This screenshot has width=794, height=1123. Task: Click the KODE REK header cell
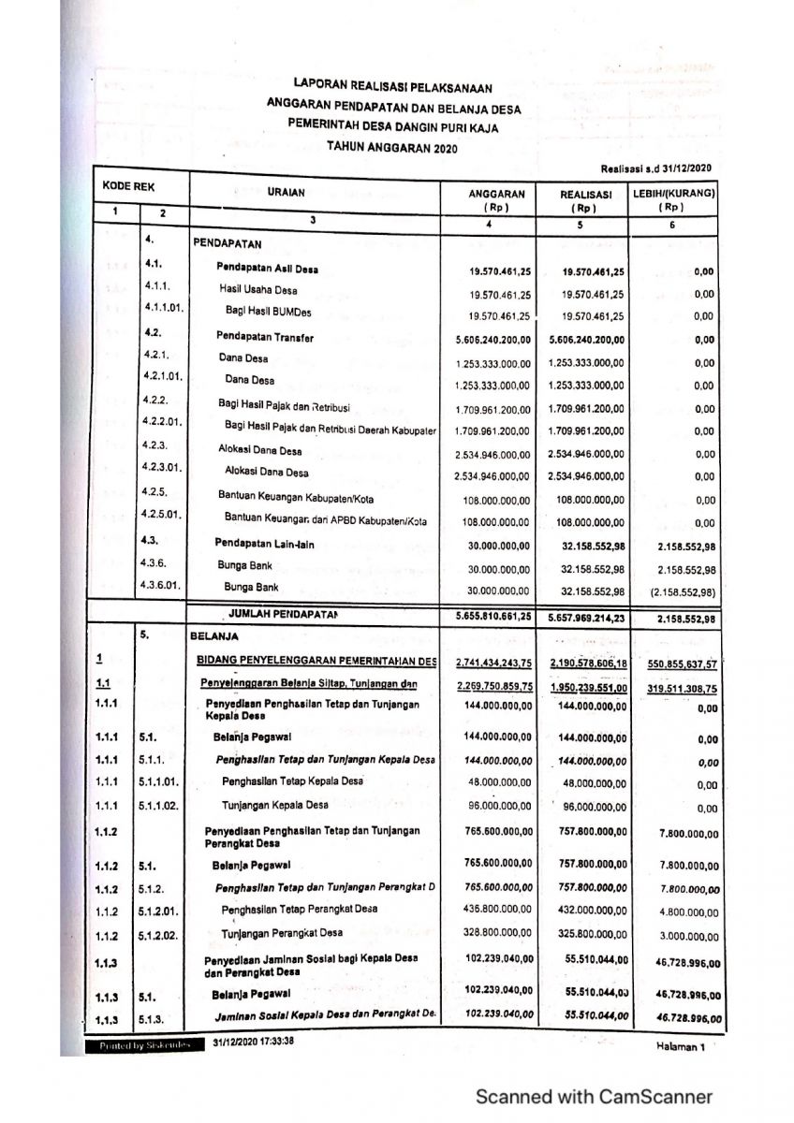click(128, 187)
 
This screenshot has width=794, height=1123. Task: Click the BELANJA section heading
click(213, 634)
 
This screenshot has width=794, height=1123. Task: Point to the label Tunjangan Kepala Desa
click(274, 805)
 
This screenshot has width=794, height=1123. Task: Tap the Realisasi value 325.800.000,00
click(587, 934)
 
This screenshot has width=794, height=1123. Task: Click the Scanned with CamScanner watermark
click(594, 1097)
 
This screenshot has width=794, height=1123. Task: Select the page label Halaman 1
click(680, 1047)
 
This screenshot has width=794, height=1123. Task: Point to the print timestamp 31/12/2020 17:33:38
click(254, 1042)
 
